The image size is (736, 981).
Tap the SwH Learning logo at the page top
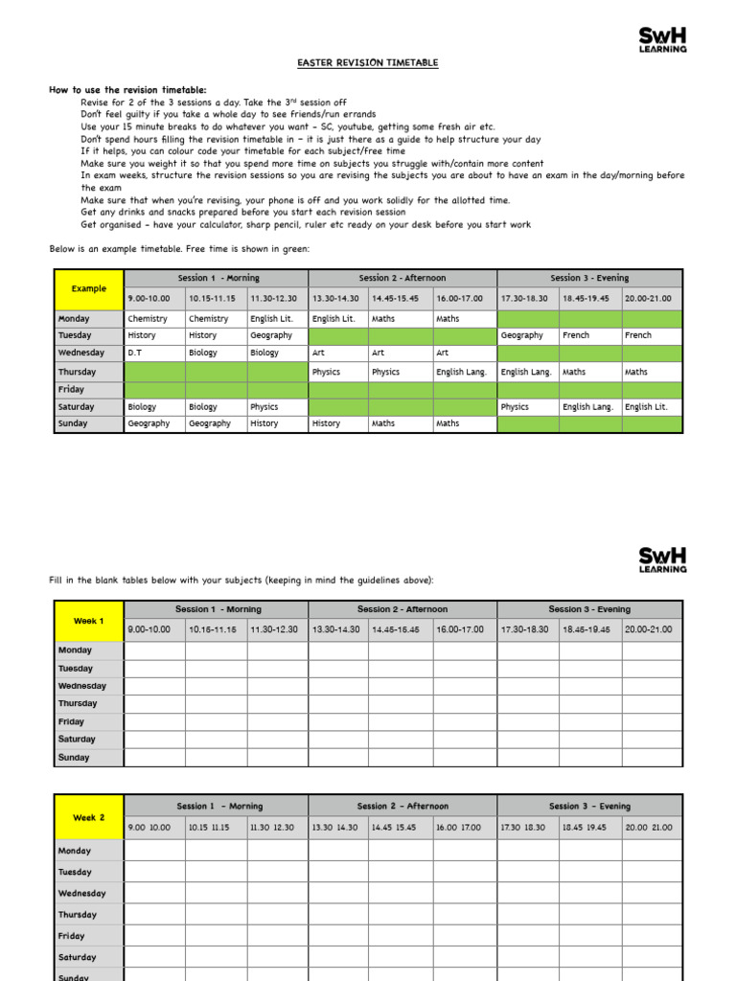(x=662, y=40)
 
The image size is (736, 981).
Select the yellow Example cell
(x=89, y=288)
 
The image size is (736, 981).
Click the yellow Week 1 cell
(x=89, y=621)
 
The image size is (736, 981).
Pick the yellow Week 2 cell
(x=89, y=817)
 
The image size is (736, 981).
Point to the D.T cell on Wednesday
(x=154, y=353)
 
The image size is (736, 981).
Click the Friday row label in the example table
(x=89, y=390)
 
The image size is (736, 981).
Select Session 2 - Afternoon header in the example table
(x=402, y=278)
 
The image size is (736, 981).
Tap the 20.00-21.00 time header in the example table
(x=652, y=299)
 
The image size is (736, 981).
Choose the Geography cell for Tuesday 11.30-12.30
(x=277, y=335)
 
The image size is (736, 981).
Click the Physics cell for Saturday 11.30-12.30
(x=277, y=407)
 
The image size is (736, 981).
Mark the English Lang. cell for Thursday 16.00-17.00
(x=465, y=372)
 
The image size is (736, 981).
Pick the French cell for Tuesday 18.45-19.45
(x=589, y=335)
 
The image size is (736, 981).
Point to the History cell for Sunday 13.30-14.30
(x=338, y=423)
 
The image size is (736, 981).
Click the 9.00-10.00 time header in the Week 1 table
(x=154, y=629)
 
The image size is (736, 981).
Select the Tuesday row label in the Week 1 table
(x=89, y=669)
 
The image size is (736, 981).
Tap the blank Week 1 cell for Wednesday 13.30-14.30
(x=338, y=686)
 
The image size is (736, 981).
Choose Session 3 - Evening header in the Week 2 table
(x=589, y=807)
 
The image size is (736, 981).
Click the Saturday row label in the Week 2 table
(x=89, y=957)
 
